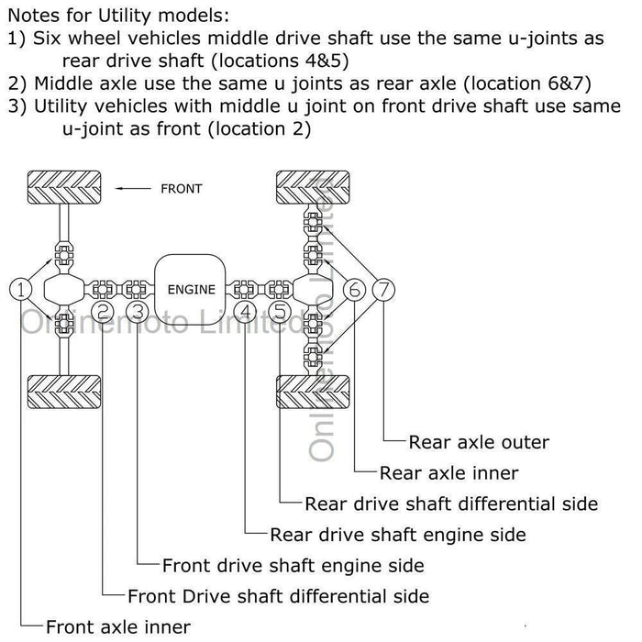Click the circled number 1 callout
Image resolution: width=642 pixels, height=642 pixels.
21,289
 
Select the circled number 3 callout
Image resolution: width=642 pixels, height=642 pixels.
138,312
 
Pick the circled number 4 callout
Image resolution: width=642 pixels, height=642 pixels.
246,312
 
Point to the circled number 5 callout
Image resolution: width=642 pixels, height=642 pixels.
280,312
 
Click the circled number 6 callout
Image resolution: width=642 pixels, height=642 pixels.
355,290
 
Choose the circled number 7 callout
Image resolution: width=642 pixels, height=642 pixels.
385,290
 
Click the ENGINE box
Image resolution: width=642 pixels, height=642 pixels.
192,290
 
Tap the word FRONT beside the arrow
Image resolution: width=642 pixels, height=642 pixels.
181,189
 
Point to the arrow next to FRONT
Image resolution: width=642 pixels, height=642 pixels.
133,189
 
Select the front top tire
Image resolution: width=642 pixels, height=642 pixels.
63,188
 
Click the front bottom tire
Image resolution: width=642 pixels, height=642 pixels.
63,391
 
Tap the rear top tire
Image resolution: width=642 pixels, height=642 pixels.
315,188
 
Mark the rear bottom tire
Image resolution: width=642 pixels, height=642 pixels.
315,391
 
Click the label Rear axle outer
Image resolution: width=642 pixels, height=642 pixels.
479,442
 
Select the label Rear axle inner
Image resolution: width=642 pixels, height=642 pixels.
448,473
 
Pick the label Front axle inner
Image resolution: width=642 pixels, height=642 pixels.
118,627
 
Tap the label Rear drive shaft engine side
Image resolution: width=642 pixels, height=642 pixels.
398,535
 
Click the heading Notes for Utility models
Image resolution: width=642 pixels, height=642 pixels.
118,16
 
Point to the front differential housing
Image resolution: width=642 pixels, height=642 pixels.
63,290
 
